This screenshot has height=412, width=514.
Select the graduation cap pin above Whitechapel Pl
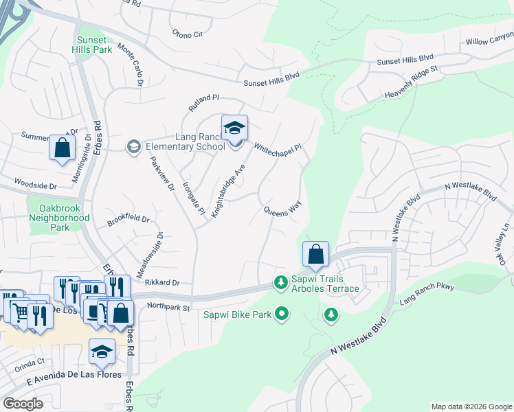(x=234, y=128)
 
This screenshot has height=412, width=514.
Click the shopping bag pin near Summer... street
(x=62, y=148)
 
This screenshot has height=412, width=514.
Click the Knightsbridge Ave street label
(x=228, y=191)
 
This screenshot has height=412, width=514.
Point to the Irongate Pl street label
(x=193, y=198)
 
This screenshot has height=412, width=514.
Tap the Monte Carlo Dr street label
(x=130, y=65)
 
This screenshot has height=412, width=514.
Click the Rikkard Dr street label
(x=162, y=282)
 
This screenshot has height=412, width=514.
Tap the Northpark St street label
(x=168, y=308)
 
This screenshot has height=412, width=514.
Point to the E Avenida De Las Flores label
(x=65, y=374)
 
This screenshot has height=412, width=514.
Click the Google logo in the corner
(x=23, y=404)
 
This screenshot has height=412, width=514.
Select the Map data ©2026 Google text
(x=471, y=407)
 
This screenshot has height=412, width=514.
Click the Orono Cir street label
(x=188, y=34)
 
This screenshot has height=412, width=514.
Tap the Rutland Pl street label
(x=204, y=103)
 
